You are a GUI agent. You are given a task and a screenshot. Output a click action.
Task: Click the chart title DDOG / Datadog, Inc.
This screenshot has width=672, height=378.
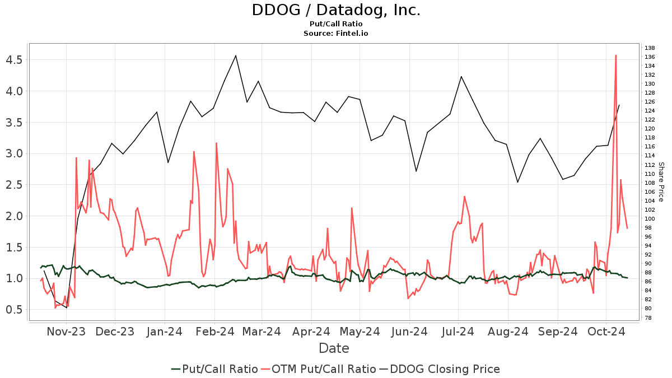pyautogui.click(x=335, y=10)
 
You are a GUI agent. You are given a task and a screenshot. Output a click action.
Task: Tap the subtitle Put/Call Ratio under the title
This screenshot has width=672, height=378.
pyautogui.click(x=335, y=24)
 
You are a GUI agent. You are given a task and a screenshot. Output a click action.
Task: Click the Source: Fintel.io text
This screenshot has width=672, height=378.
pyautogui.click(x=335, y=34)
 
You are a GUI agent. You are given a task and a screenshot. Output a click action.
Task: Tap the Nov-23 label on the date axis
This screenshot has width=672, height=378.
pyautogui.click(x=66, y=332)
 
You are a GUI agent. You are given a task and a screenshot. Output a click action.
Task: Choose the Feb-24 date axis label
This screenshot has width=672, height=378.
pyautogui.click(x=214, y=332)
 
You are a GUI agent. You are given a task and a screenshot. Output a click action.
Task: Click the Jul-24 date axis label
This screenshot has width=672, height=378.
pyautogui.click(x=458, y=332)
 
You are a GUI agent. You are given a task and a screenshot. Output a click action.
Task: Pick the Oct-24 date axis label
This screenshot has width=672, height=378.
pyautogui.click(x=606, y=332)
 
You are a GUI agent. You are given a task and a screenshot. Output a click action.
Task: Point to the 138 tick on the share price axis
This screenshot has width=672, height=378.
pyautogui.click(x=650, y=48)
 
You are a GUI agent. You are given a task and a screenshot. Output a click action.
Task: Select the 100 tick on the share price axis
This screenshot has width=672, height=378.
pyautogui.click(x=650, y=219)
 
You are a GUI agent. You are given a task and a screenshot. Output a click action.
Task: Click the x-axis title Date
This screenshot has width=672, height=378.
pyautogui.click(x=334, y=348)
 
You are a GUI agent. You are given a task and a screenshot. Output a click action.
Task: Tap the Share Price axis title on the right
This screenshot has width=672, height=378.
pyautogui.click(x=661, y=182)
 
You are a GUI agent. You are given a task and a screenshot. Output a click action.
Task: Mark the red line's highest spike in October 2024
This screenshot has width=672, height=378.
pyautogui.click(x=616, y=55)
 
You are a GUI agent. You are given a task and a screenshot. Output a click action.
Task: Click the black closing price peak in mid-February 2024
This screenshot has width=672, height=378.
pyautogui.click(x=236, y=55)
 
